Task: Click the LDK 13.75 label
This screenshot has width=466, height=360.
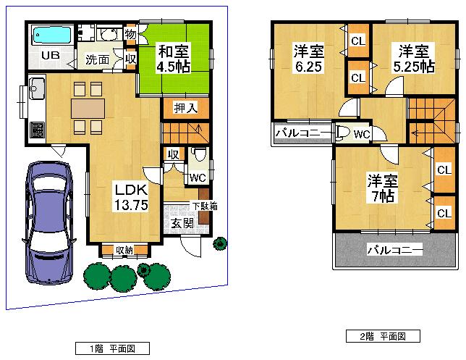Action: [x=130, y=196]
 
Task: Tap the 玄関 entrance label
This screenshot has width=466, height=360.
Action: [x=182, y=222]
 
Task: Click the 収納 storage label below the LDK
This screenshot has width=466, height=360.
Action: [x=124, y=251]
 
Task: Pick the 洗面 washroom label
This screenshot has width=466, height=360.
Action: [x=98, y=59]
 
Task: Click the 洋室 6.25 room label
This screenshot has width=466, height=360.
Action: [x=308, y=59]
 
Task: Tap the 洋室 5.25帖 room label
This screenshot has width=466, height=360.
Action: [x=413, y=58]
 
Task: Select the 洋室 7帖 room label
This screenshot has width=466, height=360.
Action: [x=381, y=188]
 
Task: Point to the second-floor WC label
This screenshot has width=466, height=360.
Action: [x=363, y=134]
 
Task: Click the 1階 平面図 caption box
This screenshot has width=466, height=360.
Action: [x=113, y=348]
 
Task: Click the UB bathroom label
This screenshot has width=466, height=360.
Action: [x=49, y=56]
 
